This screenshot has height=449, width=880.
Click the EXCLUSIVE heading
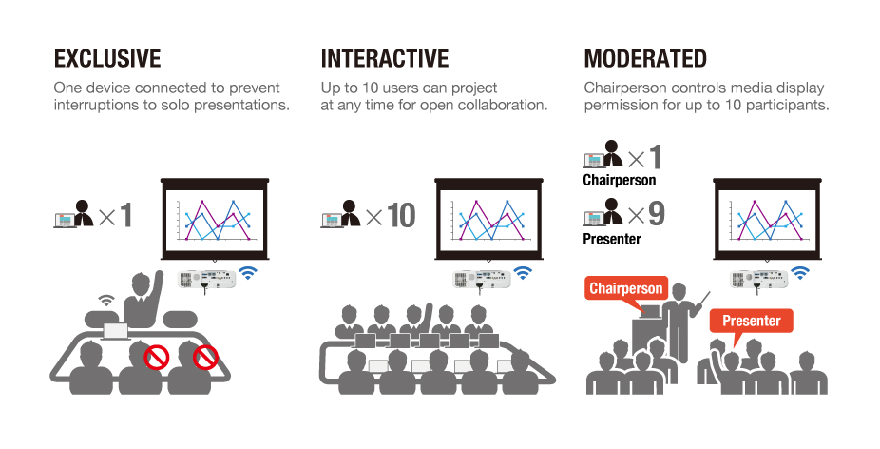[107, 58]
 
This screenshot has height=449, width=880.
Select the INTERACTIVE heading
[385, 58]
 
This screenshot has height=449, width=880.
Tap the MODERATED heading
[645, 58]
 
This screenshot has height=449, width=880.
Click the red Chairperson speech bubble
[625, 289]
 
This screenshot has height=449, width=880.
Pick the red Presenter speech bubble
[751, 321]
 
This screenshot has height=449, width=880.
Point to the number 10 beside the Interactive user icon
[401, 215]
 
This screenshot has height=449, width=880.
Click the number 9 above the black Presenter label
[656, 213]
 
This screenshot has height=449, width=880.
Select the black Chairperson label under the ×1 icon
[619, 180]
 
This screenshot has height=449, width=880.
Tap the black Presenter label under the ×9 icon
[612, 239]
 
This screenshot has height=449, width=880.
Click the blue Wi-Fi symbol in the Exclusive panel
[248, 273]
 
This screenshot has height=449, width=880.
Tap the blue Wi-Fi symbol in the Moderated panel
[800, 273]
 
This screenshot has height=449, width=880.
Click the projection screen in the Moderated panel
[767, 219]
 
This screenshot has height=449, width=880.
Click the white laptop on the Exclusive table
[116, 332]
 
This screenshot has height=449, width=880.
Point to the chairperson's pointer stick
[701, 302]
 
